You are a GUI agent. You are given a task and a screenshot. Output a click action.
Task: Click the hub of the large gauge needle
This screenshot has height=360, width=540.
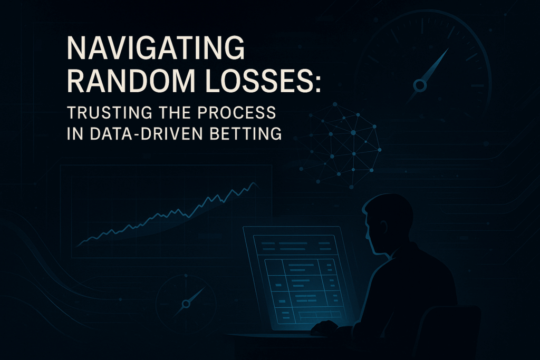tap(420, 85)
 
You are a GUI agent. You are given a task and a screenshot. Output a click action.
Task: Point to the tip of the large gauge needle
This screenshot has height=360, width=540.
tap(449, 48)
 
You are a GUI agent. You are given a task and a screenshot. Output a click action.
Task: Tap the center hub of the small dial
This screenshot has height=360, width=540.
tap(186, 304)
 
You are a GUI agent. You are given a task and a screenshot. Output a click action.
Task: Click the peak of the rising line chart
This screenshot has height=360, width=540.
tap(254, 183)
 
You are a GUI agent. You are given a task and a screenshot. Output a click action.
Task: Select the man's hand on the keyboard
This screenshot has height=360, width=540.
tap(324, 327)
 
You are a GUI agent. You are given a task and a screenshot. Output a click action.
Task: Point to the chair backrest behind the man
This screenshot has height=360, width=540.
tap(447, 330)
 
